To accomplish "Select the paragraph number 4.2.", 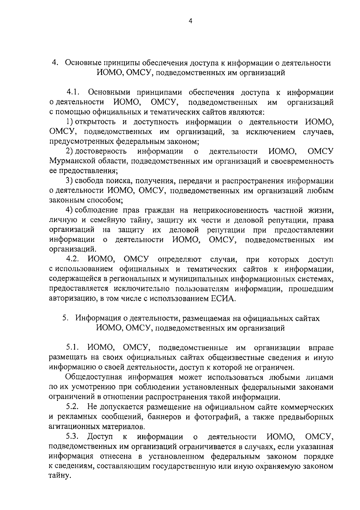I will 73,259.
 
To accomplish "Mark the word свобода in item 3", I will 88,181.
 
